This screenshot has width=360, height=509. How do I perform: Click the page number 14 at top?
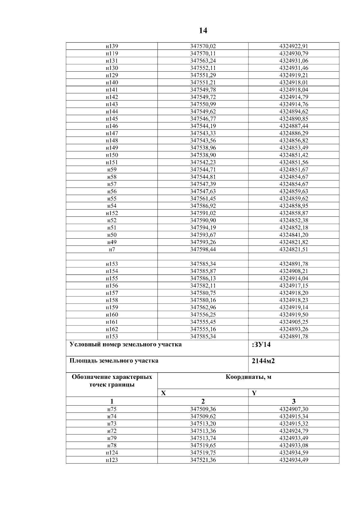pos(203,31)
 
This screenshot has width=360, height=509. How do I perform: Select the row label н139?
pos(112,46)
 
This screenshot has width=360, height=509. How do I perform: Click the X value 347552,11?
pos(203,68)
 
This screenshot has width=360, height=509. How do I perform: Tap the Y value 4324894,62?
pos(294,112)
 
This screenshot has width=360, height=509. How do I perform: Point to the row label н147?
pos(112,133)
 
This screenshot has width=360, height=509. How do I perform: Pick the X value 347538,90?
pos(203,155)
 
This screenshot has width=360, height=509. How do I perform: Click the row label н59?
pos(112,169)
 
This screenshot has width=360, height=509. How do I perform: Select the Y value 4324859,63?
pos(294,191)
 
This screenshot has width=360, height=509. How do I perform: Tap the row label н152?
pos(112,213)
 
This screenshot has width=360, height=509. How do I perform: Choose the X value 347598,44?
pos(203,249)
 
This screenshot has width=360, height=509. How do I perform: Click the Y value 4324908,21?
pos(294,271)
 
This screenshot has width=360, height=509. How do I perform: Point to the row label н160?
pos(112,314)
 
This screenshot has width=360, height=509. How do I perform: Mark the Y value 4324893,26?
pos(294,329)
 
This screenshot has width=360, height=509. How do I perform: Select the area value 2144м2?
pos(263,361)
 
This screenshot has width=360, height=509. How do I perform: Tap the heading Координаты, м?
pos(248,377)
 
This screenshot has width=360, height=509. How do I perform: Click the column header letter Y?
pos(254,393)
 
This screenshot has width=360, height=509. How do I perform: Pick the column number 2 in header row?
pos(203,401)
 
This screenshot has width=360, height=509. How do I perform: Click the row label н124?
pos(112,453)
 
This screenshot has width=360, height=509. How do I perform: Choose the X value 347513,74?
pos(203,438)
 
